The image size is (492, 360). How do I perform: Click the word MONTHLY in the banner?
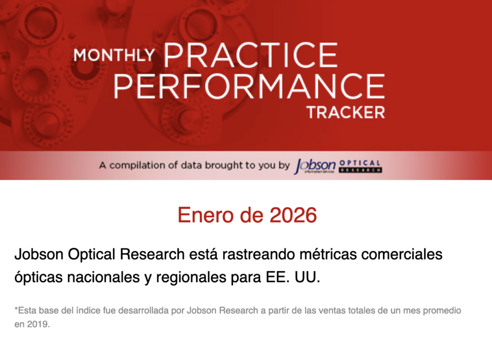(x=114, y=55)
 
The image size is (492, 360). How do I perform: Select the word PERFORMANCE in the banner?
(x=249, y=86)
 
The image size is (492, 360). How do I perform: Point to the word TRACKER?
(x=346, y=112)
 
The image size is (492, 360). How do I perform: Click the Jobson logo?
(x=315, y=166)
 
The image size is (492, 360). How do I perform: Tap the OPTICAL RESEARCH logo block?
(x=360, y=166)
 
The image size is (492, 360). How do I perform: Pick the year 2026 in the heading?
(x=293, y=215)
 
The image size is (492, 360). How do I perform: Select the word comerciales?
(x=402, y=254)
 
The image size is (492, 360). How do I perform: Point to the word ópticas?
(x=38, y=277)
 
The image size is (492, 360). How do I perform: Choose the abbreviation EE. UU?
(x=293, y=277)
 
